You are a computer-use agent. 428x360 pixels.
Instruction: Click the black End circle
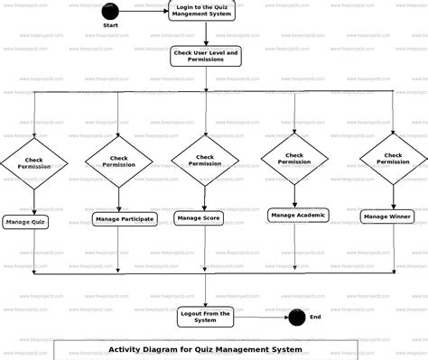296,317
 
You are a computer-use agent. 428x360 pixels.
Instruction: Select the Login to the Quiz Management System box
205,12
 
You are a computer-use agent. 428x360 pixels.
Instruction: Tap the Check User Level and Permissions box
205,57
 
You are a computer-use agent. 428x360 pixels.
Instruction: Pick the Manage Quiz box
26,221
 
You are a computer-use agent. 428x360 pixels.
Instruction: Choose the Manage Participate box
124,218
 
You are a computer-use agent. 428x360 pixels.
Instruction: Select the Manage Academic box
297,215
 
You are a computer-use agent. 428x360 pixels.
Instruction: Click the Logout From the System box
205,316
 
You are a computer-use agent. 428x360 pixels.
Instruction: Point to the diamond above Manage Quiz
33,163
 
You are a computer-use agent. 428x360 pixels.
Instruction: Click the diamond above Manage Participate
118,162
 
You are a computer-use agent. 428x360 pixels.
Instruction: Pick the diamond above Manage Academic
294,159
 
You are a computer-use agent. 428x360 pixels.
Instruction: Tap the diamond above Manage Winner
394,159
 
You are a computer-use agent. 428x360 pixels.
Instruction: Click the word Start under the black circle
110,25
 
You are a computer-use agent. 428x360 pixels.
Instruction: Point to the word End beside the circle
315,317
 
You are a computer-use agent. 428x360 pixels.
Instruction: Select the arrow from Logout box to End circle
262,317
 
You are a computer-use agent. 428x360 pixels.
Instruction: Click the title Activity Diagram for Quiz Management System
205,349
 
